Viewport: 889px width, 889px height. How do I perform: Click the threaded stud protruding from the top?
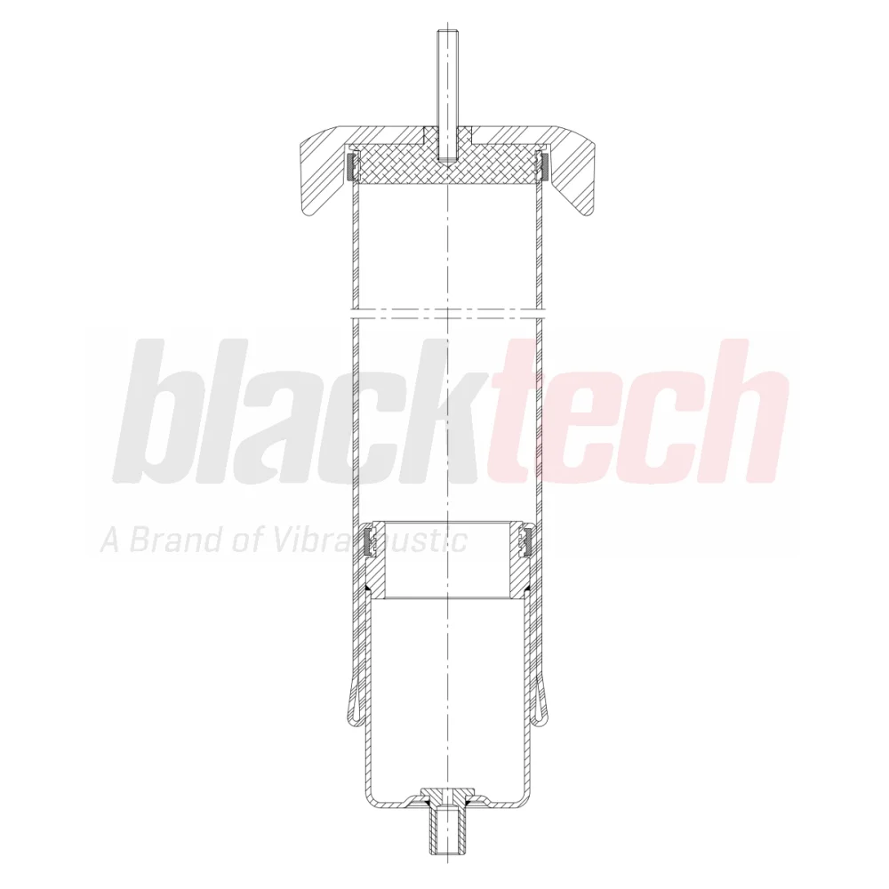(446, 93)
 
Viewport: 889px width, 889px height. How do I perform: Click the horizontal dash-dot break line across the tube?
(447, 310)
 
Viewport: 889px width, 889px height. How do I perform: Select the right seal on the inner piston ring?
(523, 541)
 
